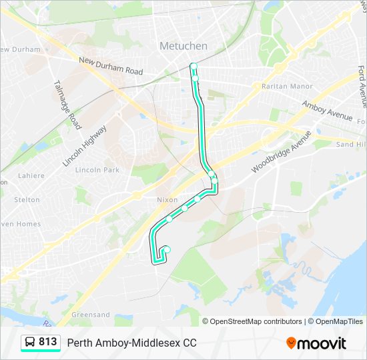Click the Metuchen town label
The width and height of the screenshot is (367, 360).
coord(183,46)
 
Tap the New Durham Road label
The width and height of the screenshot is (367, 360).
coord(111,66)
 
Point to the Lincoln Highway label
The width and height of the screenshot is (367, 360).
coord(84,145)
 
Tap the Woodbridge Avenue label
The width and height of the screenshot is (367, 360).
coord(281,152)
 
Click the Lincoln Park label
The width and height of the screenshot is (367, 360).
coord(97,170)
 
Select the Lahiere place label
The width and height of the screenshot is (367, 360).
coord(31,176)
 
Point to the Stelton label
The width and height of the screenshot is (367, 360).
coord(27,199)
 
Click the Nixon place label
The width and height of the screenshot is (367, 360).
coord(167,200)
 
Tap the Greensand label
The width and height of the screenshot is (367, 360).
coord(91,315)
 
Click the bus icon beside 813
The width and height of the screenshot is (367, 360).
coord(30,342)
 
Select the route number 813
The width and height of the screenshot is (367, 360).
coord(48,342)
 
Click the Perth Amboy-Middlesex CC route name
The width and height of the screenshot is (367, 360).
coord(132,343)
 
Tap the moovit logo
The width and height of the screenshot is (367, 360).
coord(316,343)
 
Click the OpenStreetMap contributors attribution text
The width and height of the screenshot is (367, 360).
coord(256,321)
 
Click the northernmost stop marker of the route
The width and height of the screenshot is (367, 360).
coord(194,66)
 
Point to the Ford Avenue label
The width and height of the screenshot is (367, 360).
coord(362,87)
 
